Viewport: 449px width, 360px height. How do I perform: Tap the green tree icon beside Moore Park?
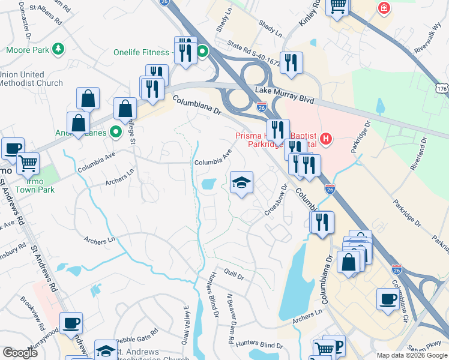[x=58, y=49]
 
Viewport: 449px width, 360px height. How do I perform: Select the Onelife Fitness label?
[x=142, y=52]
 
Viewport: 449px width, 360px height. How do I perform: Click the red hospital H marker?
[x=326, y=139]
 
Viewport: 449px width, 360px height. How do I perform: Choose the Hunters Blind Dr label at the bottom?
[x=259, y=345]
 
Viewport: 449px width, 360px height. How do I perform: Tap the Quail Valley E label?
[x=185, y=331]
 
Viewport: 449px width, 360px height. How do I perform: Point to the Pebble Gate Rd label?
[x=137, y=331]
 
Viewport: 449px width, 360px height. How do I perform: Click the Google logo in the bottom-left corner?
[x=20, y=353]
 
